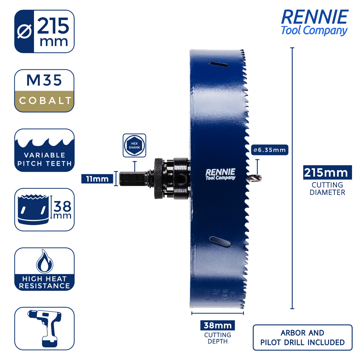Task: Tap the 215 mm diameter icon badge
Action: tap(44, 31)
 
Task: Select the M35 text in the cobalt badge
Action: tap(44, 80)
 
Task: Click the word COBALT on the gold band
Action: tap(45, 101)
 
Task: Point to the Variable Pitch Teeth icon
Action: tap(44, 150)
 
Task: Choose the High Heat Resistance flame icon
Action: tap(44, 262)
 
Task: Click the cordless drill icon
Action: tap(44, 328)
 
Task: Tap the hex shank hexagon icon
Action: tap(134, 145)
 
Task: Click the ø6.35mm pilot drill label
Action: tap(269, 150)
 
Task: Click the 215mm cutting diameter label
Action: tap(327, 173)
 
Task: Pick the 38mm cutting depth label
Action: tap(217, 325)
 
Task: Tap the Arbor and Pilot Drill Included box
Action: tap(302, 337)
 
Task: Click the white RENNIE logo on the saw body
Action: tap(220, 174)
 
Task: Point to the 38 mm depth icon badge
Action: tap(44, 210)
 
